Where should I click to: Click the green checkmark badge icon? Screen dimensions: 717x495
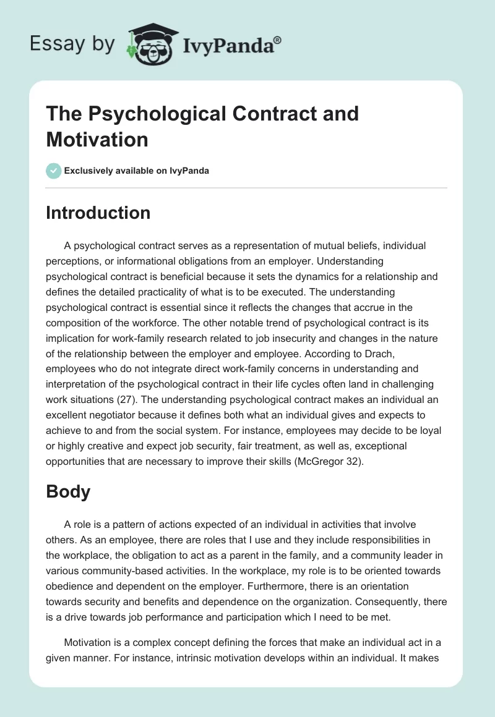pyautogui.click(x=54, y=171)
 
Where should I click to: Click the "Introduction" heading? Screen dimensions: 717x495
pyautogui.click(x=98, y=213)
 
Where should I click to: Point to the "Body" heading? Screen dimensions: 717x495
pyautogui.click(x=68, y=491)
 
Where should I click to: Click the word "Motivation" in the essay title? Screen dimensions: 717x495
pyautogui.click(x=97, y=140)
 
